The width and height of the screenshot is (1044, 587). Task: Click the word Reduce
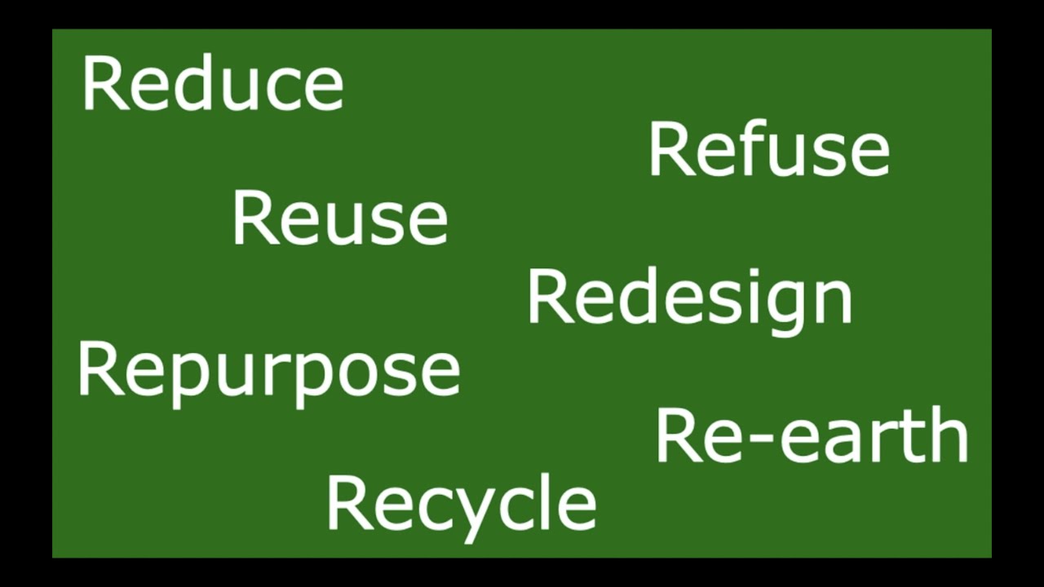(213, 84)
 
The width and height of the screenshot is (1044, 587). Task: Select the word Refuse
(768, 150)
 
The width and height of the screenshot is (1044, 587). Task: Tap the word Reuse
(340, 218)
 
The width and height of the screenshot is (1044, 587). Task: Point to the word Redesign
(689, 298)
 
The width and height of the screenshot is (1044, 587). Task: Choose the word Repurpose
(268, 371)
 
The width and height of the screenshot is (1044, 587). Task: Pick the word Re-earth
(812, 436)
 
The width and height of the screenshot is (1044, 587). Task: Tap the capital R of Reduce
(102, 85)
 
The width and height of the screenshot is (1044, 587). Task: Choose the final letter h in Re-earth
(949, 435)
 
